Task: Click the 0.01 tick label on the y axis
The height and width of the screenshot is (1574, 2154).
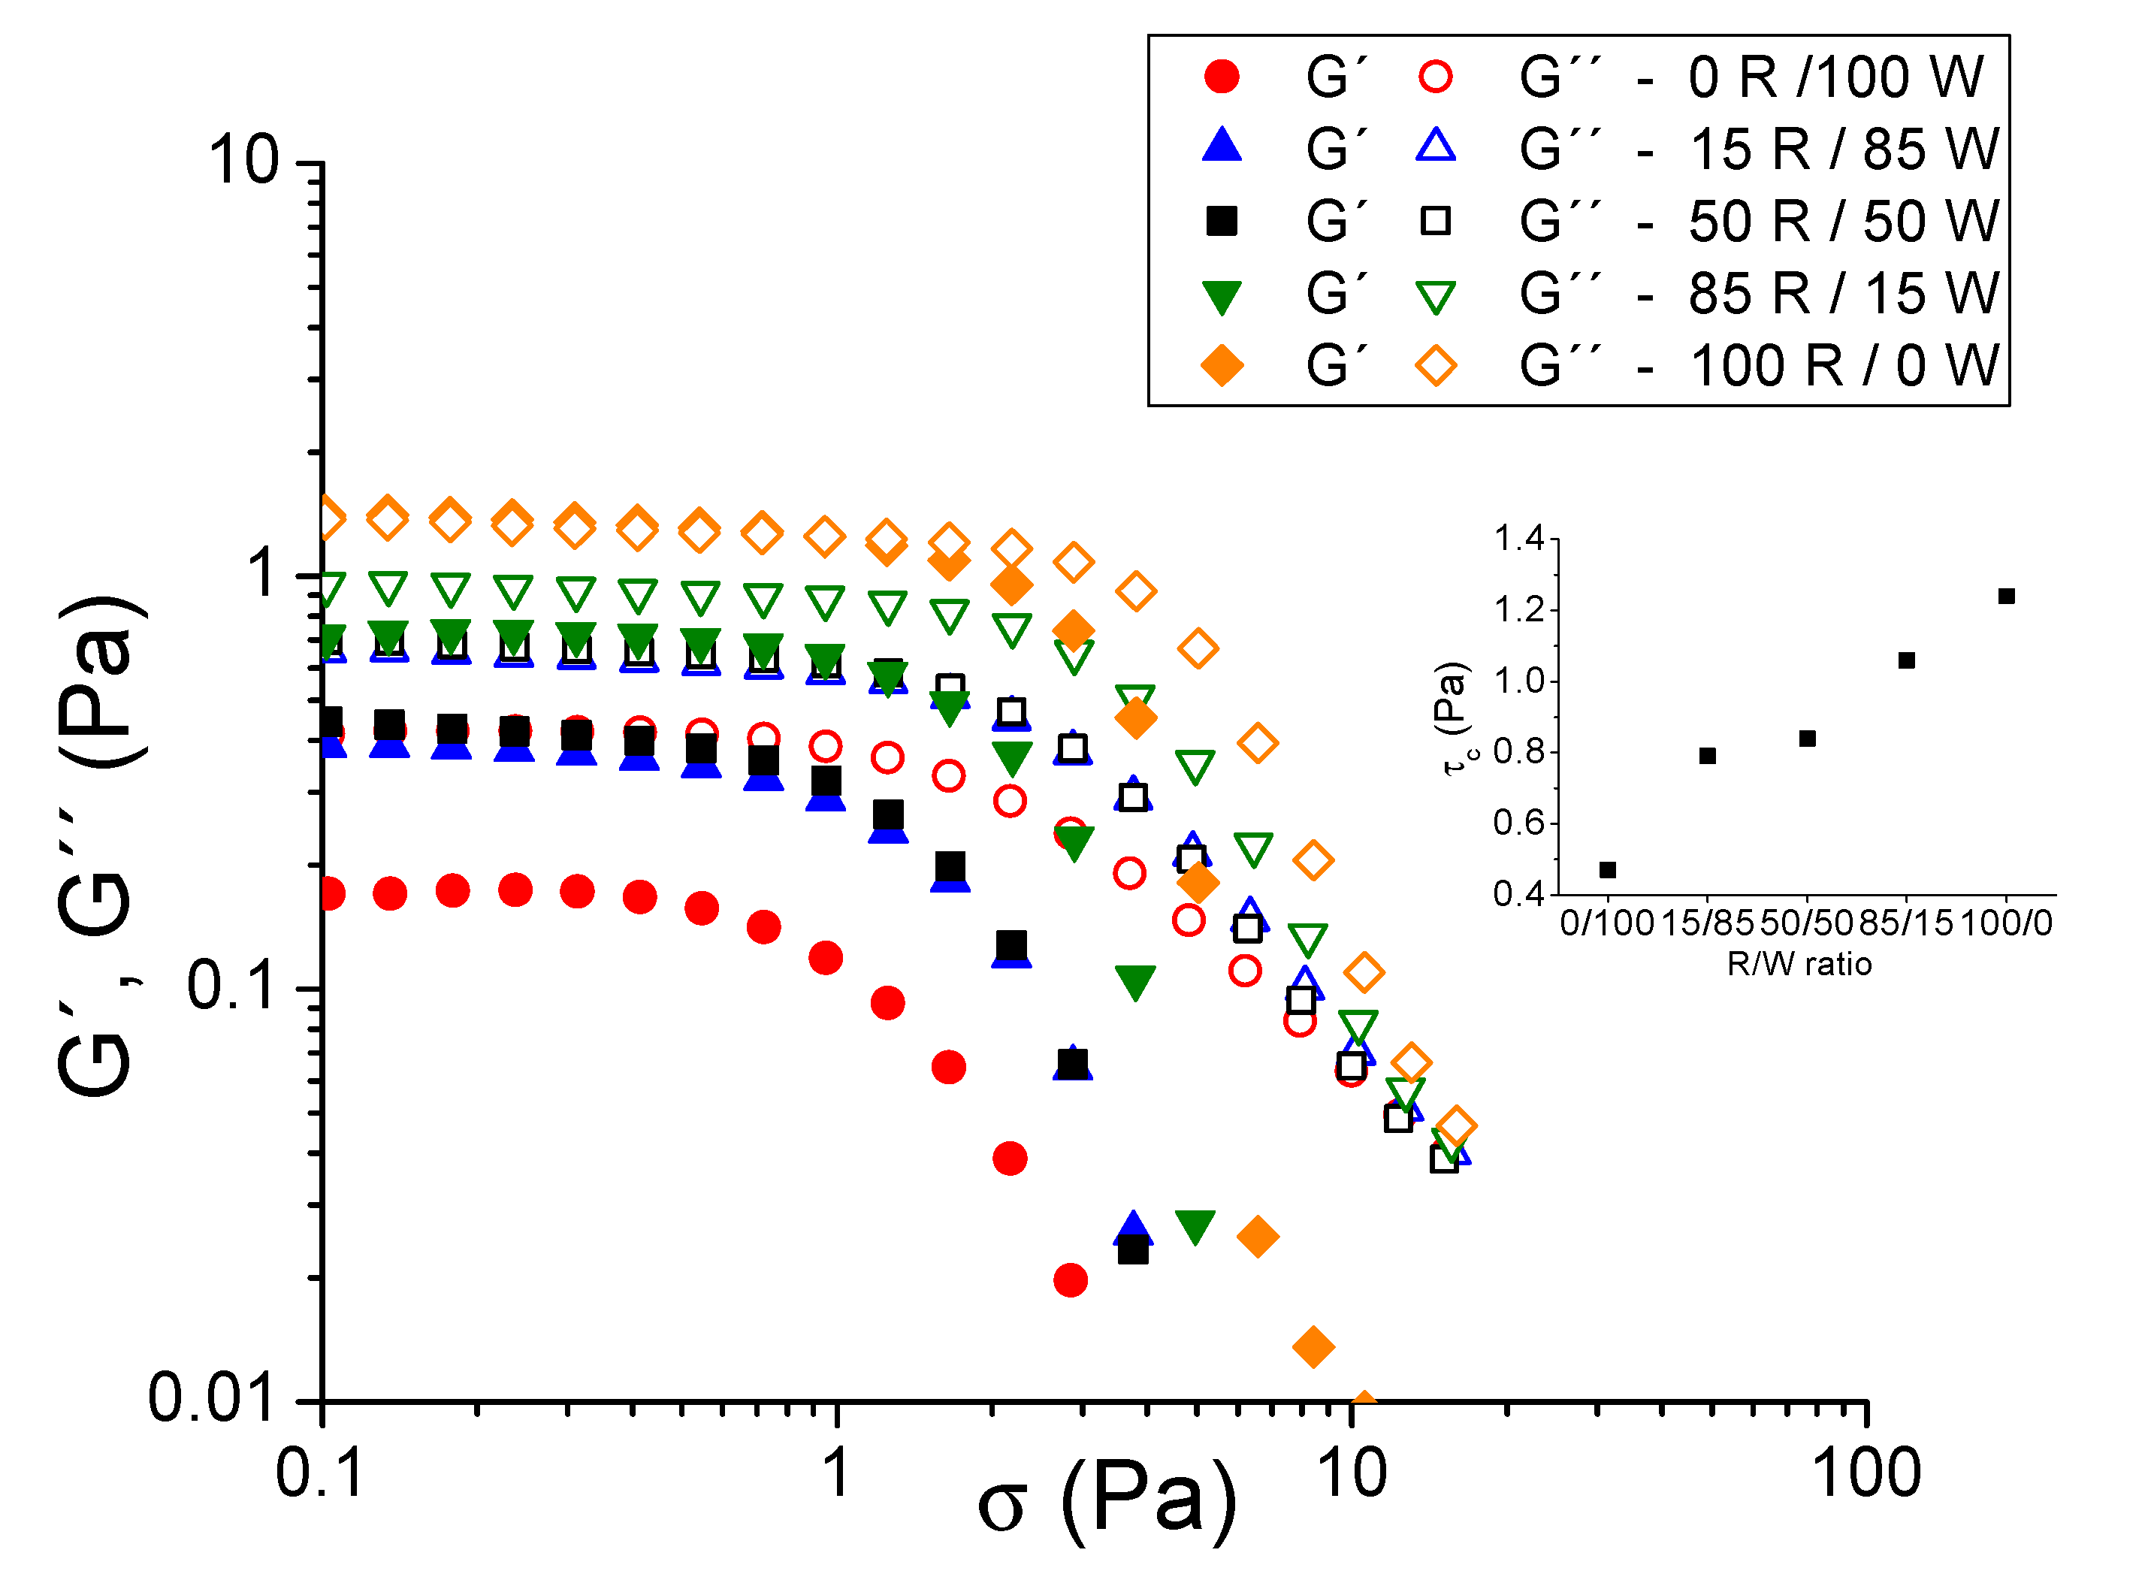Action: pyautogui.click(x=212, y=1399)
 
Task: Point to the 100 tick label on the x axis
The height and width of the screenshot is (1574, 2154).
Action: pyautogui.click(x=1865, y=1474)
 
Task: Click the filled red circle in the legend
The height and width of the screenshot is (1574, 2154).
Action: pyautogui.click(x=1222, y=76)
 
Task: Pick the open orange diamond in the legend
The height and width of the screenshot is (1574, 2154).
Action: pyautogui.click(x=1435, y=365)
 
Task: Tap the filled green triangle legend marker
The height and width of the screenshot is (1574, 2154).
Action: pyautogui.click(x=1222, y=296)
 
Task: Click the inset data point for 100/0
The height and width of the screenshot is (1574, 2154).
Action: pyautogui.click(x=2005, y=597)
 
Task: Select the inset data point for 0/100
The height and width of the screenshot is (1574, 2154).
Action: pyautogui.click(x=1607, y=870)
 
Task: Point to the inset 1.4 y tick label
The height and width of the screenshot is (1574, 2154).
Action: pyautogui.click(x=1518, y=539)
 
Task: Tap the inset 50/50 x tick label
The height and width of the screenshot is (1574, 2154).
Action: pyautogui.click(x=1805, y=923)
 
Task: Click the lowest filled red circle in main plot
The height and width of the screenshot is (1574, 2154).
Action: pyautogui.click(x=1070, y=1280)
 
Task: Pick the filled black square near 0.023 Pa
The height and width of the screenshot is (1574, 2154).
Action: pyautogui.click(x=1131, y=1250)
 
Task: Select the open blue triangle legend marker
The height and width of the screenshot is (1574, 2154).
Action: pyautogui.click(x=1435, y=146)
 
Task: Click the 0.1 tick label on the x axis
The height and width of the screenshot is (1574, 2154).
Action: pyautogui.click(x=319, y=1474)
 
